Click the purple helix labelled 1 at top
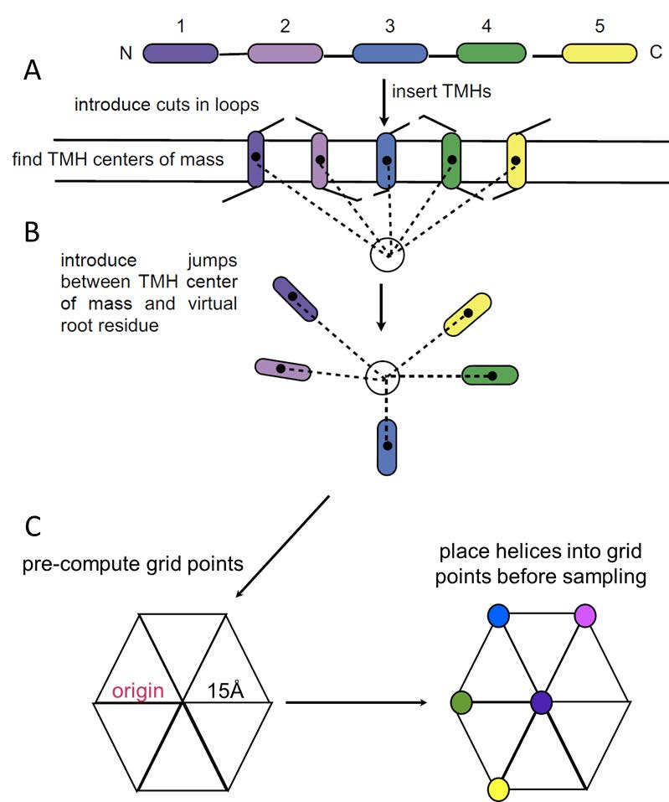point(181,54)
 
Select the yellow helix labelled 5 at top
point(598,54)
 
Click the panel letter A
point(32,73)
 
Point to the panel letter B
point(32,232)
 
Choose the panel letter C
point(32,525)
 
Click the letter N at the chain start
point(126,54)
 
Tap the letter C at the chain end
point(656,54)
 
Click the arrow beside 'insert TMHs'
point(383,103)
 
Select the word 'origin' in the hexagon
point(138,691)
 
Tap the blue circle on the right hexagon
point(499,617)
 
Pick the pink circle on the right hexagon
point(585,617)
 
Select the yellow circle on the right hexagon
point(499,788)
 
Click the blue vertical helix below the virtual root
point(386,448)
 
